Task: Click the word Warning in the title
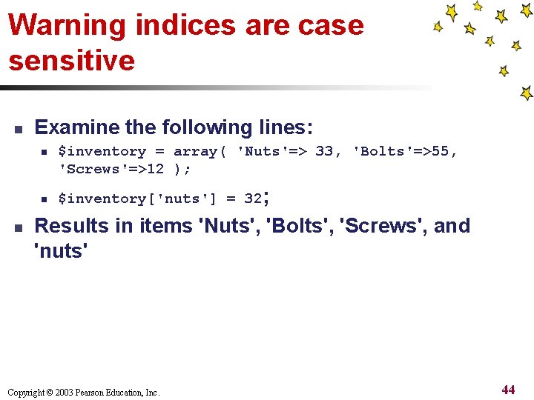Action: [67, 25]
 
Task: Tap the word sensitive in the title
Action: [72, 60]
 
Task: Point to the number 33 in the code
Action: [324, 152]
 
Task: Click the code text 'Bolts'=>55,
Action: [405, 152]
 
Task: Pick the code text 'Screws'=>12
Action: [111, 169]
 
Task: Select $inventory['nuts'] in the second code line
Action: [134, 199]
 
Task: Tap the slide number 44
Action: [508, 390]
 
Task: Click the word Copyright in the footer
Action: [26, 393]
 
